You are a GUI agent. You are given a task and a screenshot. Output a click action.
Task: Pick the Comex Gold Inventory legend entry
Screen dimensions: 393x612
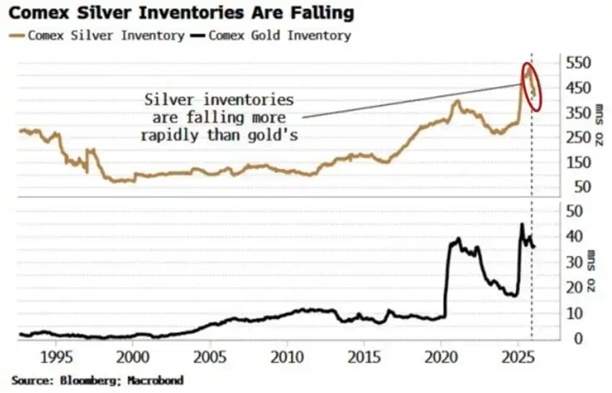(x=279, y=35)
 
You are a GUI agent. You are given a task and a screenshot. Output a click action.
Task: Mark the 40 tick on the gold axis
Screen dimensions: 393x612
(x=574, y=236)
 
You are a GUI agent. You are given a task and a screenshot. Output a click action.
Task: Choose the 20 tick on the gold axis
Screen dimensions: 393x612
(x=574, y=288)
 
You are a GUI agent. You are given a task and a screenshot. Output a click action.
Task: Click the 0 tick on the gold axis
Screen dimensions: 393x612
(x=571, y=338)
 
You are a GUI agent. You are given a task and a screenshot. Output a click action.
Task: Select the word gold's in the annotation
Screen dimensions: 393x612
(x=274, y=134)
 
